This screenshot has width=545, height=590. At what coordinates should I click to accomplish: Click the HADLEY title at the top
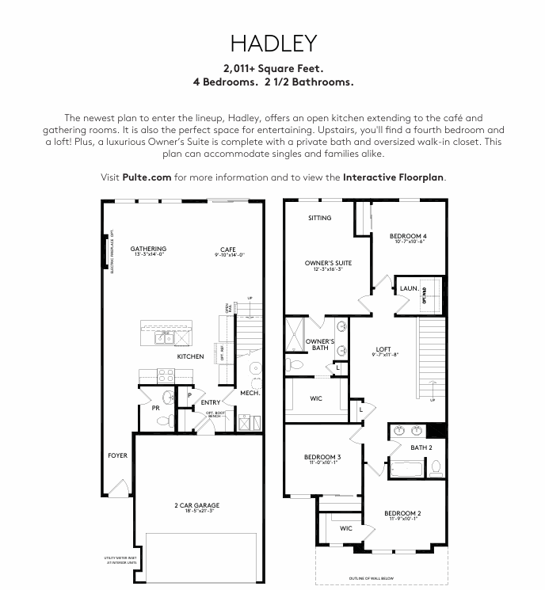point(272,43)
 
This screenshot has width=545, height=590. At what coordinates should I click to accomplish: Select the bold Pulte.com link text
point(147,177)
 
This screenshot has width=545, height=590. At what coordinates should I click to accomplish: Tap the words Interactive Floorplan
point(394,177)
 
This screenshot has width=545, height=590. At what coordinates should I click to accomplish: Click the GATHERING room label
point(148,249)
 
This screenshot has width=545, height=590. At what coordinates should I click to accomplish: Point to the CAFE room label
point(229,249)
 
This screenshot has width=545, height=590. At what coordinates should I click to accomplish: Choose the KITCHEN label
point(190,356)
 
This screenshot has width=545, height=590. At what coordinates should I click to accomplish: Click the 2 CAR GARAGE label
point(196,505)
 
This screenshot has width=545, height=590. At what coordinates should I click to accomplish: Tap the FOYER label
point(117,455)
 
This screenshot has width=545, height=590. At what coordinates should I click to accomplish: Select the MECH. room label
point(250,393)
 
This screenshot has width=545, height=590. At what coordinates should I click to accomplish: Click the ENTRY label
point(210,402)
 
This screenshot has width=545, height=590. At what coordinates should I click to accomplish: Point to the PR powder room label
point(156,409)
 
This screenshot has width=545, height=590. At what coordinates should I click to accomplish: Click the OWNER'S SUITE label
point(328,263)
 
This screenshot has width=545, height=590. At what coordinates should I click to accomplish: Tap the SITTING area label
point(320,218)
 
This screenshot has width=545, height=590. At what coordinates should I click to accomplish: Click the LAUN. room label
point(409,288)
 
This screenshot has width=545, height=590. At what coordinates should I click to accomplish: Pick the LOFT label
point(383,349)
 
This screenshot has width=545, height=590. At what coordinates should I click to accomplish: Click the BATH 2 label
point(421,447)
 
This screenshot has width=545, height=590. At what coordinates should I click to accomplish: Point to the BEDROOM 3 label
point(322,457)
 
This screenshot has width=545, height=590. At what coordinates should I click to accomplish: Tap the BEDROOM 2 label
point(402,513)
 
